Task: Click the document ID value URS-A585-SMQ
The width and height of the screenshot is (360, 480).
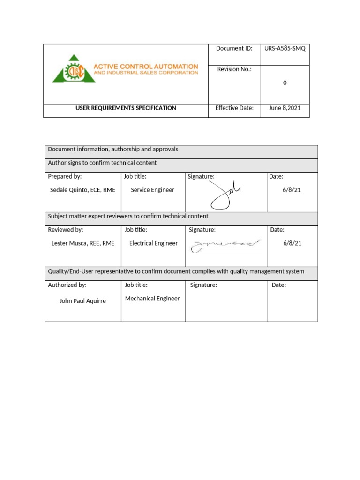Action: [285, 49]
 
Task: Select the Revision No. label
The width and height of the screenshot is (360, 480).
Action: [234, 69]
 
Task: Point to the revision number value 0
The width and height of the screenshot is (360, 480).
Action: [285, 83]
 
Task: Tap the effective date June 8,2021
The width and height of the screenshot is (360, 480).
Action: [285, 108]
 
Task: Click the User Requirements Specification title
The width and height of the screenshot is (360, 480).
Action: [126, 108]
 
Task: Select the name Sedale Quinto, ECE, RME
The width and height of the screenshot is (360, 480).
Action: [82, 190]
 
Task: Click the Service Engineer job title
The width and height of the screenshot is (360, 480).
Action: [152, 190]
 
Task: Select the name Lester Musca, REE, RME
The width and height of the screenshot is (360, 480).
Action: [82, 243]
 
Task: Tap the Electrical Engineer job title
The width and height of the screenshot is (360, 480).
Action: [153, 243]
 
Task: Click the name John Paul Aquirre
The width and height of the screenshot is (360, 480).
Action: [82, 301]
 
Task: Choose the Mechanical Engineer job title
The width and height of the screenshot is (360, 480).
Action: [152, 299]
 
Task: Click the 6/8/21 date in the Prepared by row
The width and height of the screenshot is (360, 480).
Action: [292, 190]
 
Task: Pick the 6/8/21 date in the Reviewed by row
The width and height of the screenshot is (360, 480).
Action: [292, 243]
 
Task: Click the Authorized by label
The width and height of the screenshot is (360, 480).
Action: [67, 285]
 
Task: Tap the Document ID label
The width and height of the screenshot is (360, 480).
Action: [234, 49]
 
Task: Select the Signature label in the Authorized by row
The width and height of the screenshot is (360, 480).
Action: [203, 285]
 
